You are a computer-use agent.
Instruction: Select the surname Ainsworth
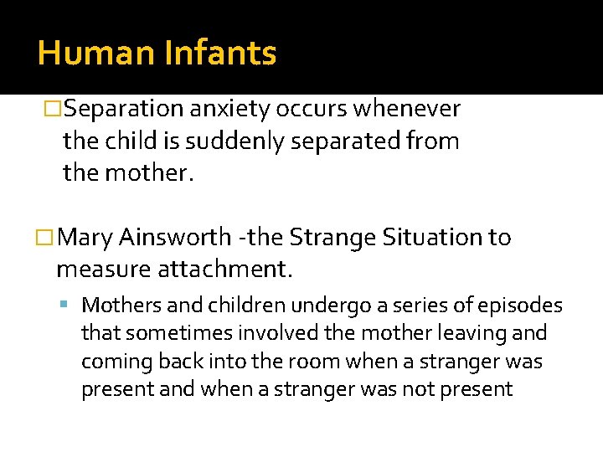(x=174, y=238)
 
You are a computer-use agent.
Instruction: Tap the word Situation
(x=432, y=238)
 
